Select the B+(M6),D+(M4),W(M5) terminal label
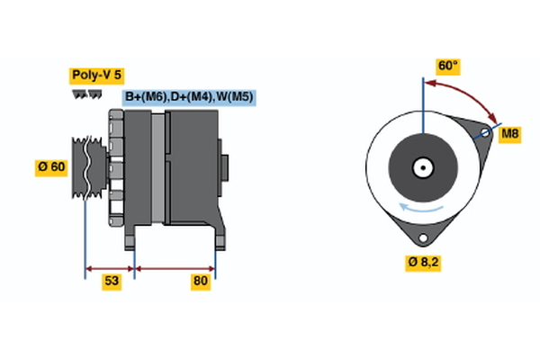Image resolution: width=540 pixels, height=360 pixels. coord(188,96)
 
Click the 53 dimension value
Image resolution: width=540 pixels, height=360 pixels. coord(111,282)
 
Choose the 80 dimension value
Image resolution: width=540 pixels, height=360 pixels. coord(200,282)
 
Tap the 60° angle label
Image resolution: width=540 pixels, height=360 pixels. coord(447,66)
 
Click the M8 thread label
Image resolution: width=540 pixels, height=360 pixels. coord(510,134)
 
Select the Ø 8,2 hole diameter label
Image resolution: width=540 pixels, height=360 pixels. coord(422,263)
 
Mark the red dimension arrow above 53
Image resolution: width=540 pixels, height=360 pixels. coord(110,267)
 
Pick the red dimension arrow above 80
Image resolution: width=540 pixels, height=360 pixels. coord(175,267)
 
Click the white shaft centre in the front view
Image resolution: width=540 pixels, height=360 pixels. coord(421,167)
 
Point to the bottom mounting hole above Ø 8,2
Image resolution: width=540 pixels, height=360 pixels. coord(421,238)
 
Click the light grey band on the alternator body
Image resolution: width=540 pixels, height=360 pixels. coord(158,166)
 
